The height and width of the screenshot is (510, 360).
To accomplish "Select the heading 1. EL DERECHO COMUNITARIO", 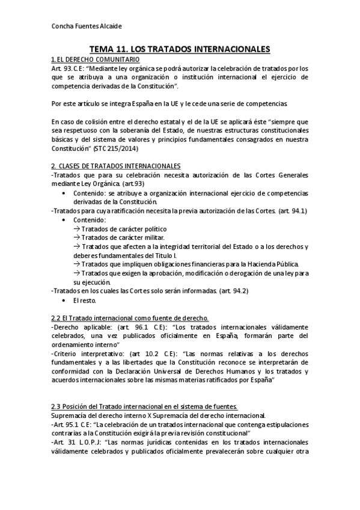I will coord(96,60).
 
